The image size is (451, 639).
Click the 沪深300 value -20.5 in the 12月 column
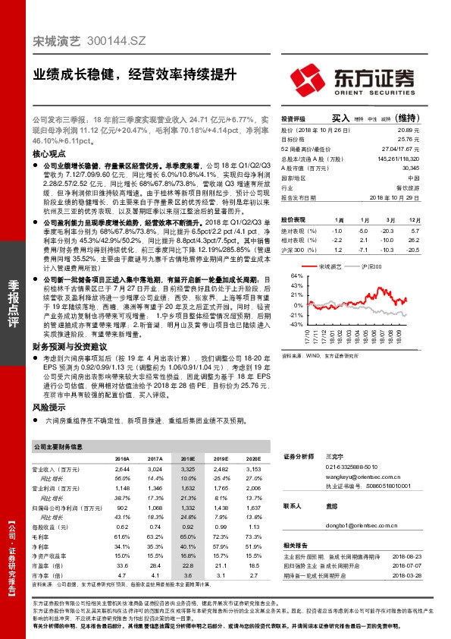[412, 249]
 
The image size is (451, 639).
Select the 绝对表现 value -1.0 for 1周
[337, 230]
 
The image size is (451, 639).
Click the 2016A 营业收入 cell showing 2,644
[122, 471]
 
